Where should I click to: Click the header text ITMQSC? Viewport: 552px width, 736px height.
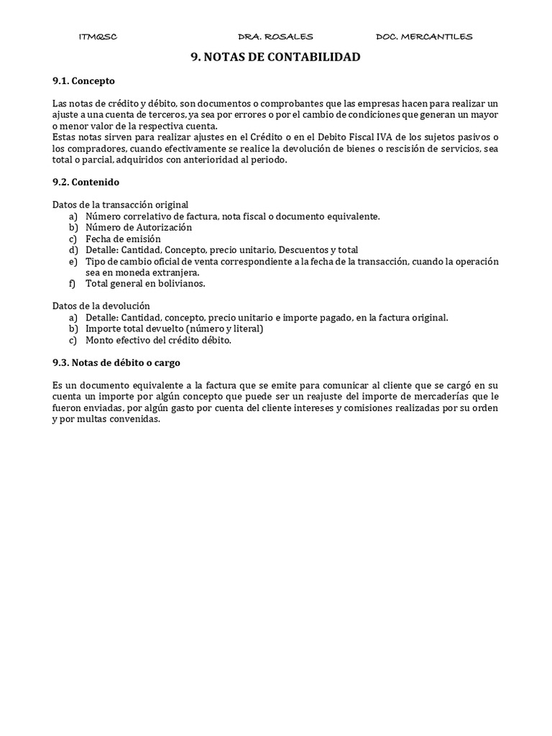point(97,37)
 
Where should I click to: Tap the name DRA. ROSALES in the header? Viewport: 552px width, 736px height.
point(275,37)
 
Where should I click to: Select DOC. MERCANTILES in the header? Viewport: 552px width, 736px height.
point(424,37)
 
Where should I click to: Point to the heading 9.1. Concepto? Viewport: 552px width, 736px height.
point(83,81)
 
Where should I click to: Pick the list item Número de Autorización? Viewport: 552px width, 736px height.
point(139,227)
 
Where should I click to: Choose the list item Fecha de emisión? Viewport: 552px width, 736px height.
point(123,239)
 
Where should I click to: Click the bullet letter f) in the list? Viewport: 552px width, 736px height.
point(73,283)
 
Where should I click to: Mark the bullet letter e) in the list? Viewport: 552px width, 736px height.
point(73,261)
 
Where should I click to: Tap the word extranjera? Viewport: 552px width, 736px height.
point(171,272)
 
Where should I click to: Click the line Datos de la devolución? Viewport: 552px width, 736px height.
point(101,306)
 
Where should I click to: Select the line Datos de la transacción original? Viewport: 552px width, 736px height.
point(121,205)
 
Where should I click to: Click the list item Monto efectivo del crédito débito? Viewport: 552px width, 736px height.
point(158,340)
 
